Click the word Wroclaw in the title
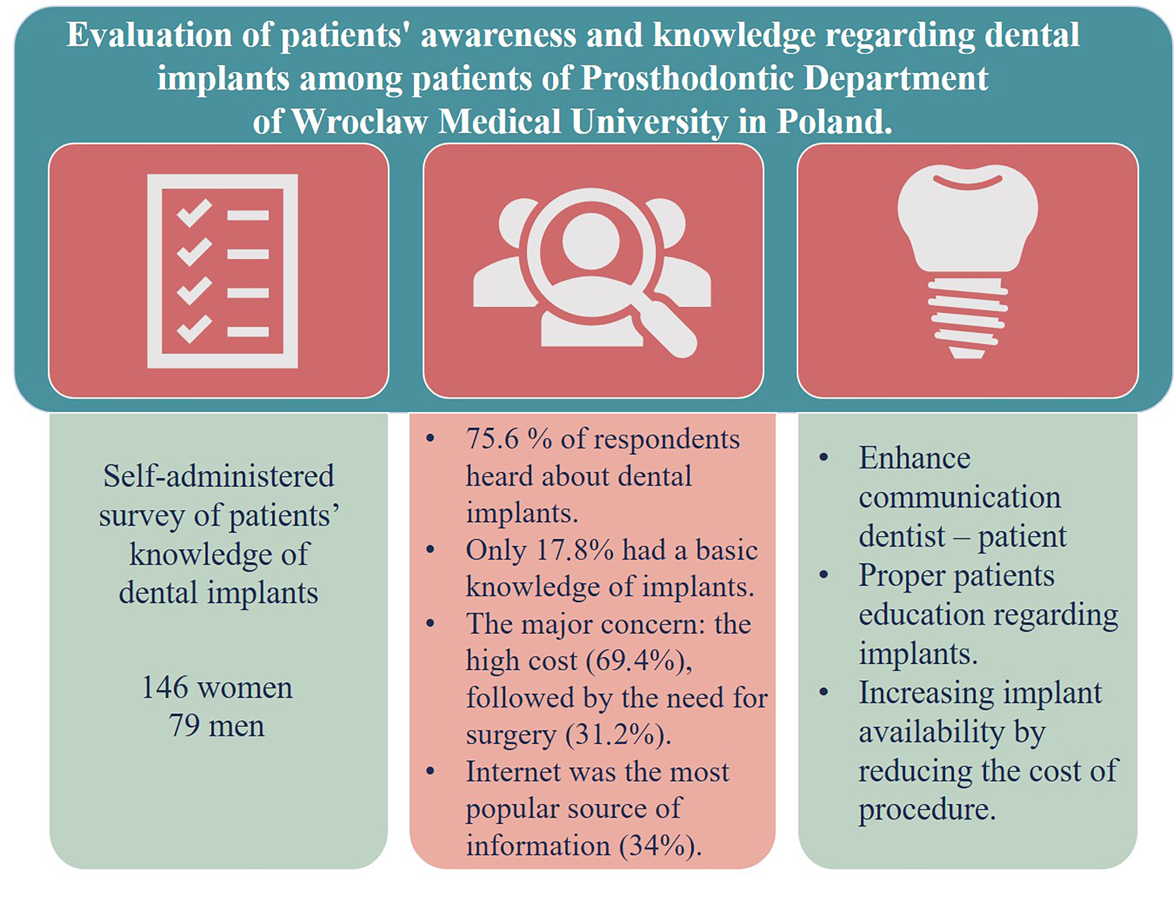360,121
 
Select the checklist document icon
223,271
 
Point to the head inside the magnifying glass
591,241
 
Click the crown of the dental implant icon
967,215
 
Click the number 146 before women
165,688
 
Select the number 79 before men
184,725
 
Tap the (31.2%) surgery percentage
617,734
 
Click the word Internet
513,772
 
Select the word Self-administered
218,476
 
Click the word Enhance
914,459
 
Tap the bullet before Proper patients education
824,575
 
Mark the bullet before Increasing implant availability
824,692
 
